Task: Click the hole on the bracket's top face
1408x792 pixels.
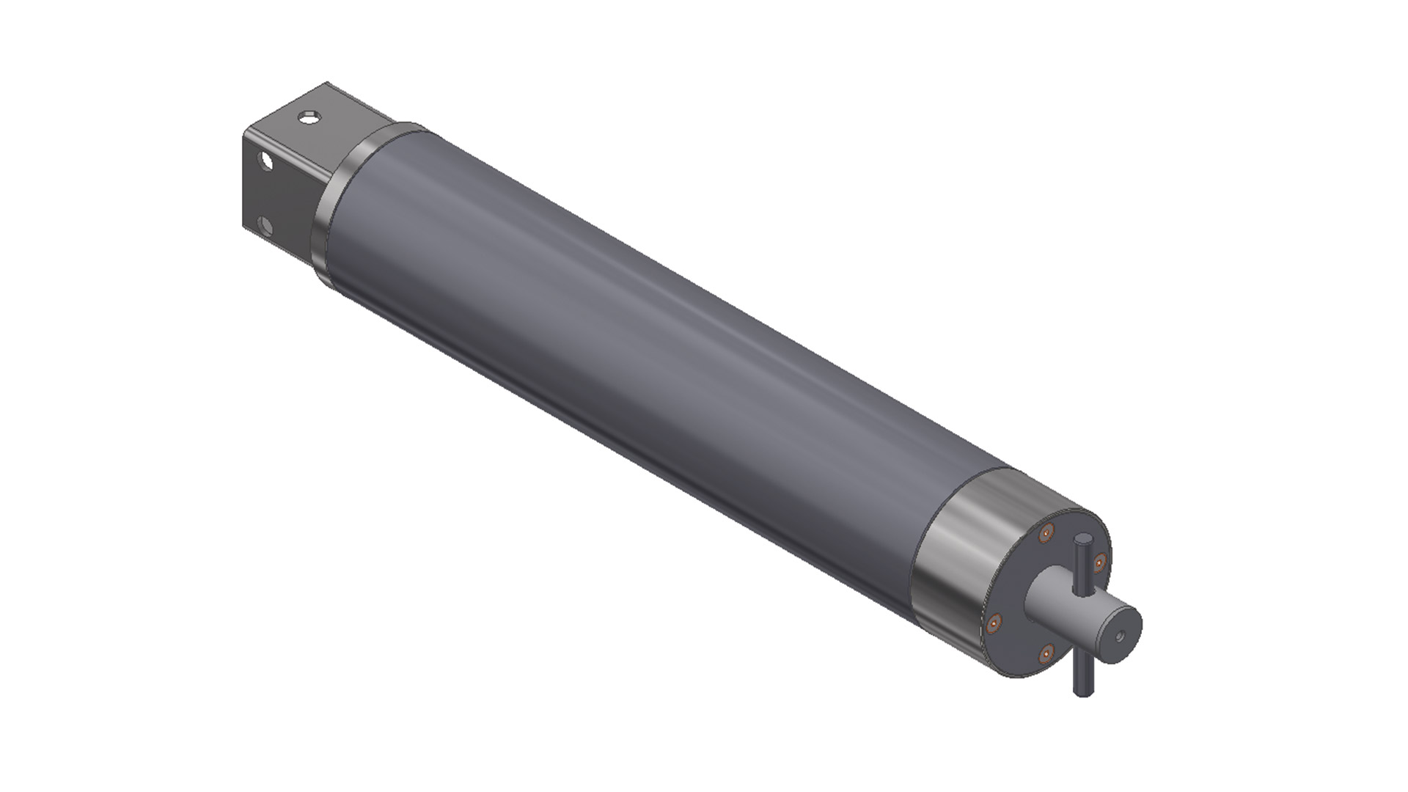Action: click(311, 117)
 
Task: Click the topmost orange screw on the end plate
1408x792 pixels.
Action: click(1046, 532)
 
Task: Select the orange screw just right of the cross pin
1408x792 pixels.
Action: click(1099, 563)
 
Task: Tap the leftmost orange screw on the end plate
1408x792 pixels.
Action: click(994, 624)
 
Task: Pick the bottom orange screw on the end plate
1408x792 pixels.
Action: click(1047, 651)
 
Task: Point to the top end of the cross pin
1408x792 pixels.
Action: click(1082, 541)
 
